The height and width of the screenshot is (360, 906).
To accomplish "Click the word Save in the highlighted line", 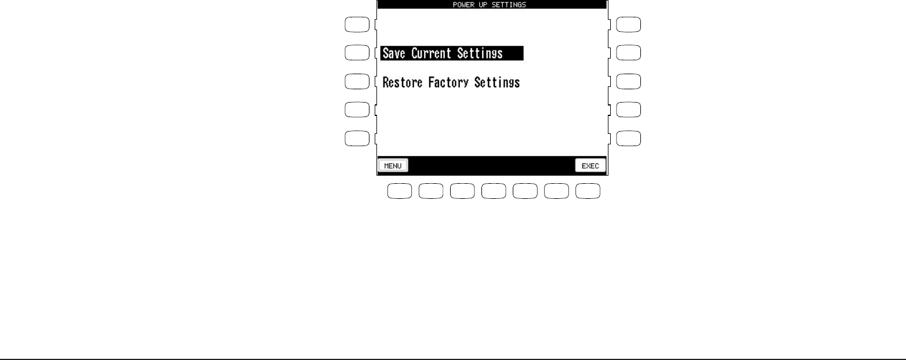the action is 395,53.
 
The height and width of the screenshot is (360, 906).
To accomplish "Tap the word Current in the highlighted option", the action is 435,53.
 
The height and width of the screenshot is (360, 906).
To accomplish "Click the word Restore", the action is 403,82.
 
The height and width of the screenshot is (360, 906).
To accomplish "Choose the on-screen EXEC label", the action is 590,165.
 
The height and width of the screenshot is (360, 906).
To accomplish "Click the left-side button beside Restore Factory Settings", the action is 357,81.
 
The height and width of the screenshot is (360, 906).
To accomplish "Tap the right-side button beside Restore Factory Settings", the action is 629,81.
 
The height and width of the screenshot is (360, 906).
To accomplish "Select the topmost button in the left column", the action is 357,24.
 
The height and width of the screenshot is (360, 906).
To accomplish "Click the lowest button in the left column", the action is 357,138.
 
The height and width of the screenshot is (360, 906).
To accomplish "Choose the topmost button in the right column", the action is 629,24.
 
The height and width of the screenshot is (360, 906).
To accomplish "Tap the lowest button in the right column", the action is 629,138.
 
